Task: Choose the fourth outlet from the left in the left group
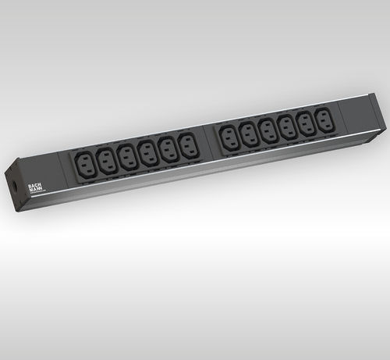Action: point(147,148)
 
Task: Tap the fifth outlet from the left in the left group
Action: point(167,145)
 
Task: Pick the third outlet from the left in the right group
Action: point(268,127)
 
